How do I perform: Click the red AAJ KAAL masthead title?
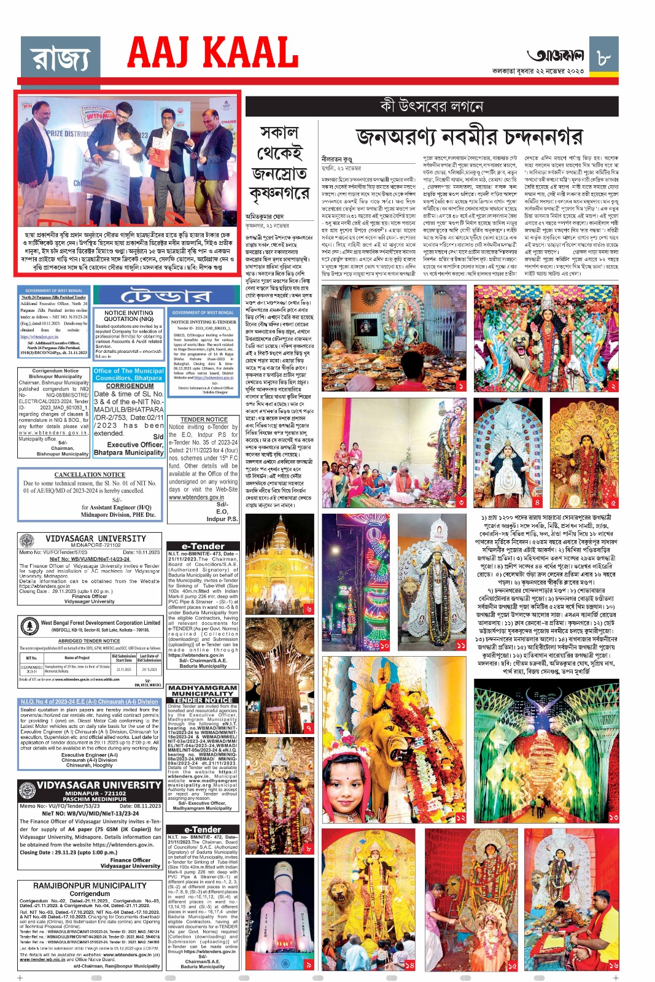point(212,53)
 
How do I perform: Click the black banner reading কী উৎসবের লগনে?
point(432,106)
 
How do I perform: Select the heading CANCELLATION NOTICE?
point(90,474)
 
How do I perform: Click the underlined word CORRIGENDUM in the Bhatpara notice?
point(130,386)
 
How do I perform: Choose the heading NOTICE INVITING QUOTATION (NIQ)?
point(129,315)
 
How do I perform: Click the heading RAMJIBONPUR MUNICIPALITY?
point(90,886)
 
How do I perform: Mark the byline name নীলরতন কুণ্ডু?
point(337,158)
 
